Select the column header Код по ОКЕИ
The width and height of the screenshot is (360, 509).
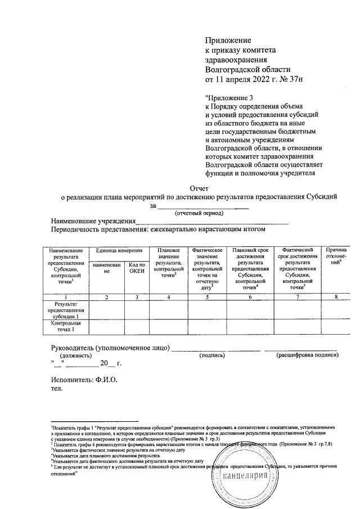pos(137,267)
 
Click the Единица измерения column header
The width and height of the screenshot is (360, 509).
pos(117,249)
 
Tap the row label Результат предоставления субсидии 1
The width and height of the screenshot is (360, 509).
pos(67,310)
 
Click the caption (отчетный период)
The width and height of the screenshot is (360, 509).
pos(200,213)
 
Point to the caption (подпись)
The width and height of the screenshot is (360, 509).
pos(212,355)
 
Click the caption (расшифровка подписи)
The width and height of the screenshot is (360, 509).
pos(307,355)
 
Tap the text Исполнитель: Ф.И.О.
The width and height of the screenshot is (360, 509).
pos(84,380)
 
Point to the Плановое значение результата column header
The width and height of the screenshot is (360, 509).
pos(168,262)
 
